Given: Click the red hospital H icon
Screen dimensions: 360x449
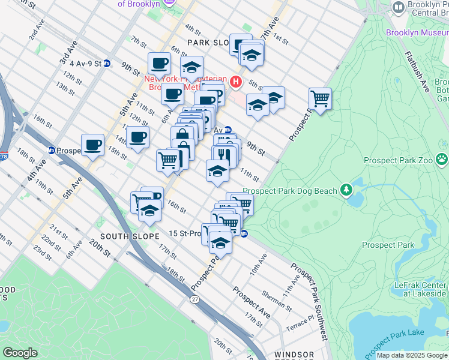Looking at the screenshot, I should [236, 82].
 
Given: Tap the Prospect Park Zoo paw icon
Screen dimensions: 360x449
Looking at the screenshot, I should [442, 159].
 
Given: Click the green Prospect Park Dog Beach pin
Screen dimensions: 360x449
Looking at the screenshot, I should [346, 190].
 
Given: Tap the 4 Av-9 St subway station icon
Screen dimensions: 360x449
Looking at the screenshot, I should [107, 63].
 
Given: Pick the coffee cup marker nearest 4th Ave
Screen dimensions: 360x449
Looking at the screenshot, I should [92, 144].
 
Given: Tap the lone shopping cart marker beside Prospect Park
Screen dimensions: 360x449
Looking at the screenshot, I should [320, 98].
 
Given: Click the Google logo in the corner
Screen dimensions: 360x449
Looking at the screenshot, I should [20, 353].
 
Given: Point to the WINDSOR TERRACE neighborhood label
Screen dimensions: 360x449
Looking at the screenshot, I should [294, 355].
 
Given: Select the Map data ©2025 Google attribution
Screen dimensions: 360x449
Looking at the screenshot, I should [411, 355].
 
